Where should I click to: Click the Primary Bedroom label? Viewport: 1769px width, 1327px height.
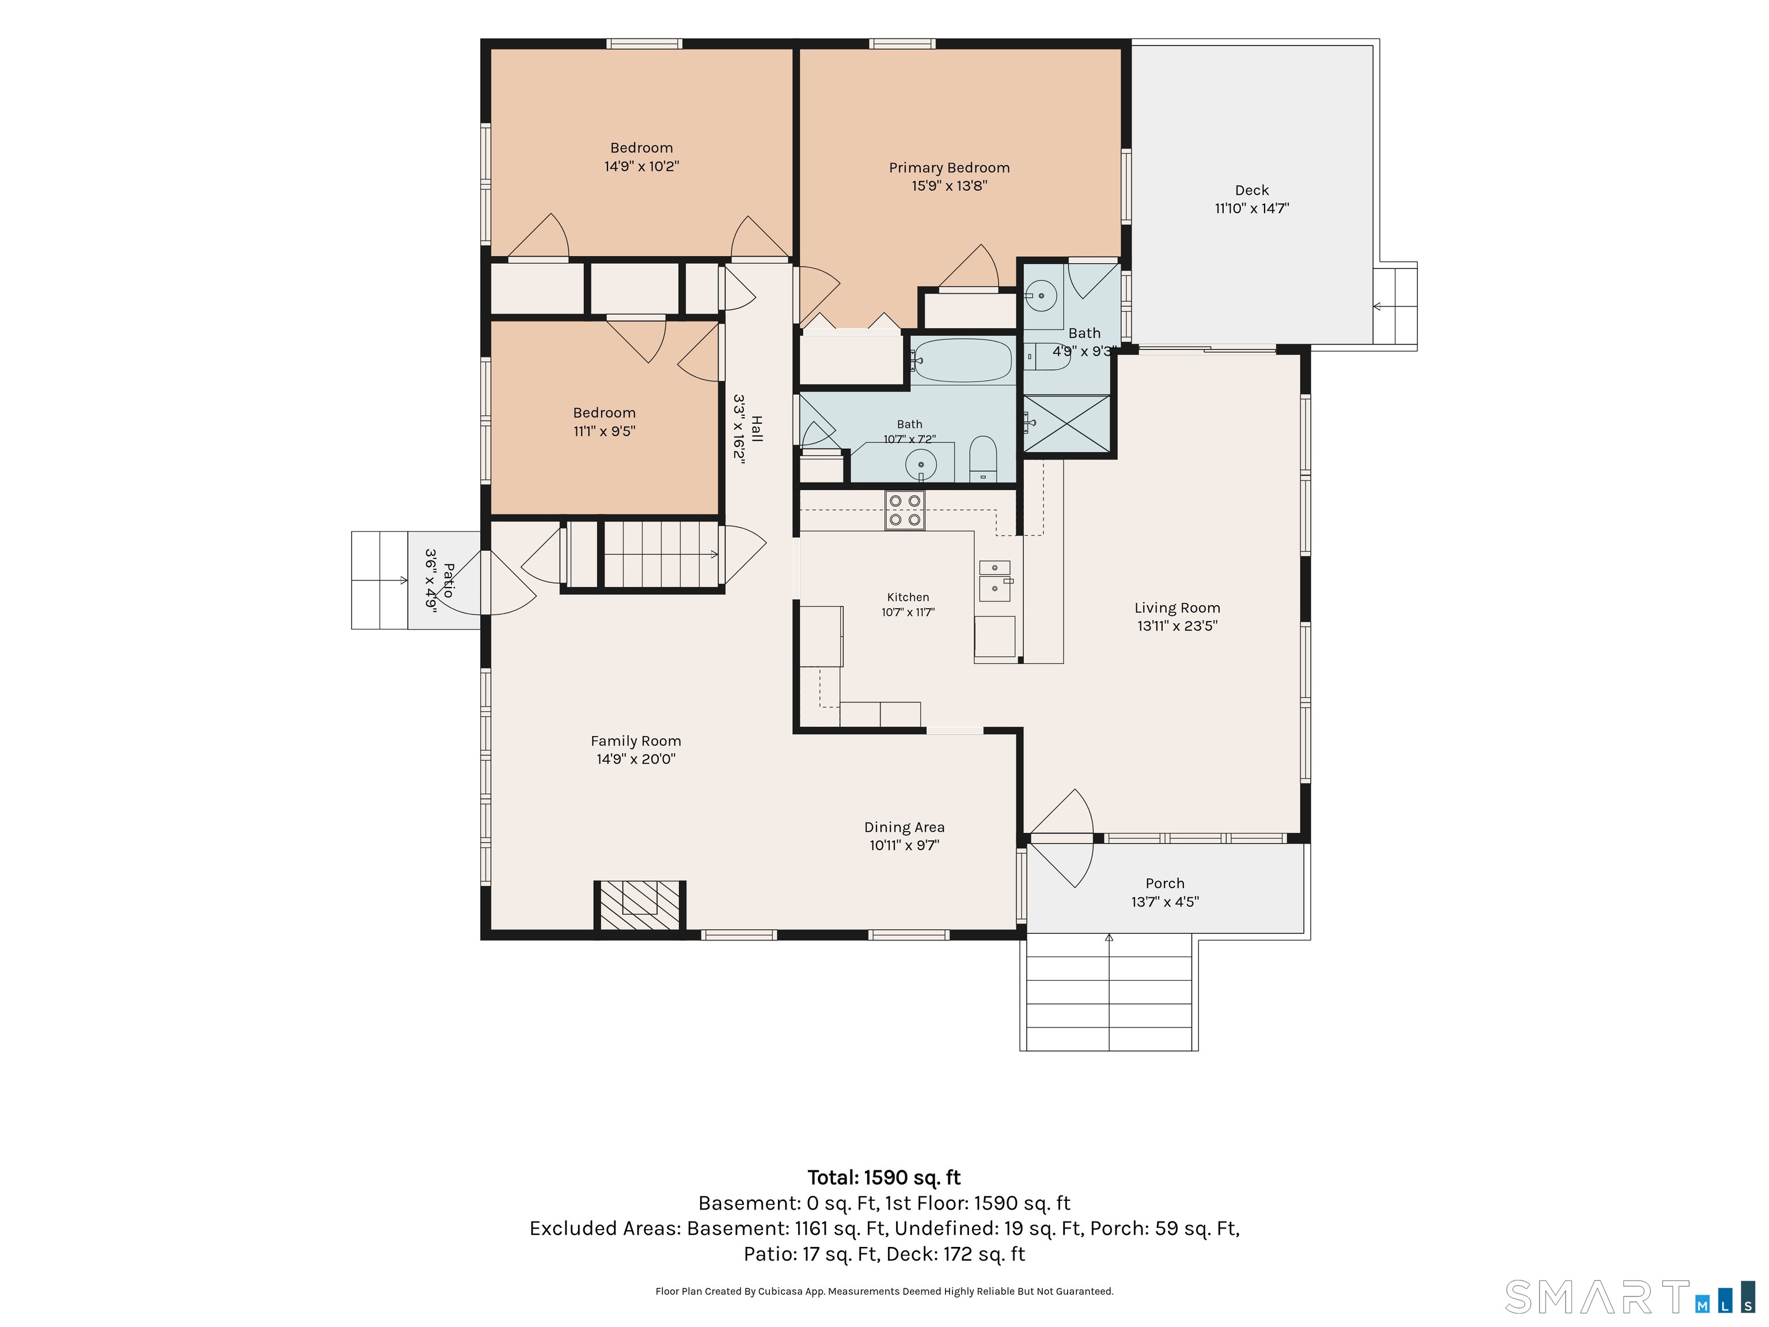(x=949, y=167)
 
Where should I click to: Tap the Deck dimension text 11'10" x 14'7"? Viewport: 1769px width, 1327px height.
(x=1251, y=208)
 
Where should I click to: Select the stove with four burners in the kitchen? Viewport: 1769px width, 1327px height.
(x=905, y=510)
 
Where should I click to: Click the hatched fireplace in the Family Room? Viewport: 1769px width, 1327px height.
(x=640, y=905)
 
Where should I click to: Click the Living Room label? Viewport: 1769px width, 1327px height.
(x=1177, y=608)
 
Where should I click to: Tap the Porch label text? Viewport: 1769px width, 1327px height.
(x=1164, y=883)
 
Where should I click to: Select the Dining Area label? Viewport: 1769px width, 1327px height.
(x=905, y=827)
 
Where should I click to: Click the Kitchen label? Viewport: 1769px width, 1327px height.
(x=908, y=597)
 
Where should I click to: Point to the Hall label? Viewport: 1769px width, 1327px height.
(x=757, y=429)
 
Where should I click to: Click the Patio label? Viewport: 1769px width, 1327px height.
(x=449, y=580)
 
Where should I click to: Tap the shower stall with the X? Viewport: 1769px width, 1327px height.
(x=1067, y=424)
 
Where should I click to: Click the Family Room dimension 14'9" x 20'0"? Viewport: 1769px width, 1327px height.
(x=636, y=759)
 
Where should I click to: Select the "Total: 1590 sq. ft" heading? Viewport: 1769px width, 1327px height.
(x=884, y=1177)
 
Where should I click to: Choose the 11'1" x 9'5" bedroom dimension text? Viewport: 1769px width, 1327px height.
(x=604, y=431)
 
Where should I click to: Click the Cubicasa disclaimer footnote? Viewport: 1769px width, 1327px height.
(x=884, y=1291)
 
